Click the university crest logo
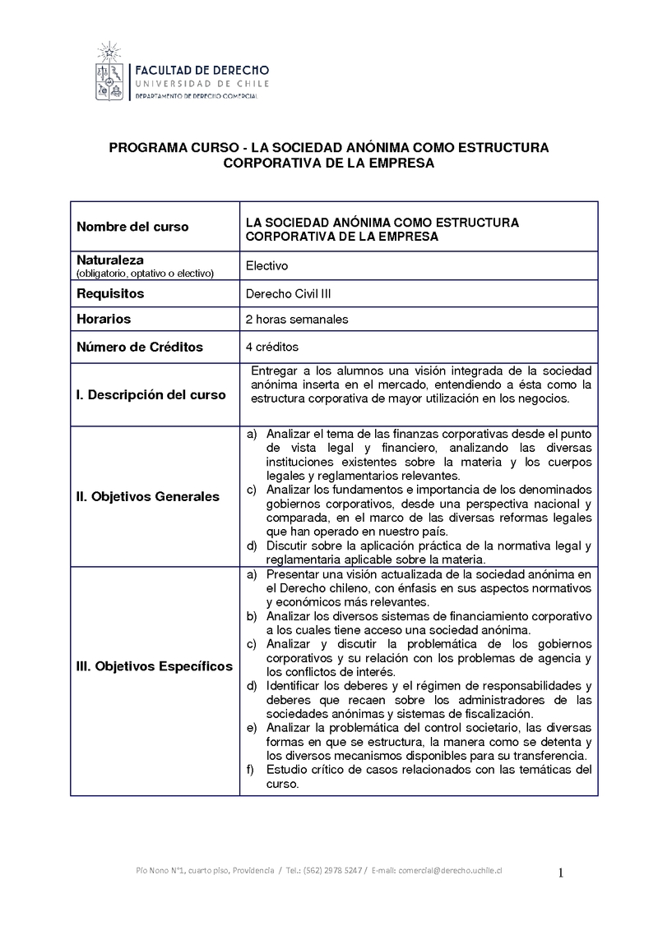(x=109, y=75)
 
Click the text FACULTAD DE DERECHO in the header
(x=202, y=71)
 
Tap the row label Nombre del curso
(x=132, y=227)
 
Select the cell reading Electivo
(x=267, y=265)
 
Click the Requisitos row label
(x=110, y=293)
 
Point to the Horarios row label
(x=104, y=319)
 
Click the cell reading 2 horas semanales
(x=297, y=319)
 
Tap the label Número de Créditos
(x=140, y=347)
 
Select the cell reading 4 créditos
(x=272, y=347)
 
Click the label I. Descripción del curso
(x=151, y=394)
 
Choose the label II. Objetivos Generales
(x=148, y=496)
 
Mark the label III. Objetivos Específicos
(x=155, y=666)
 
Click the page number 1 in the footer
(x=561, y=872)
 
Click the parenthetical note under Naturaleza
(x=145, y=273)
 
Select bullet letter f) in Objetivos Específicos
(x=252, y=770)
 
